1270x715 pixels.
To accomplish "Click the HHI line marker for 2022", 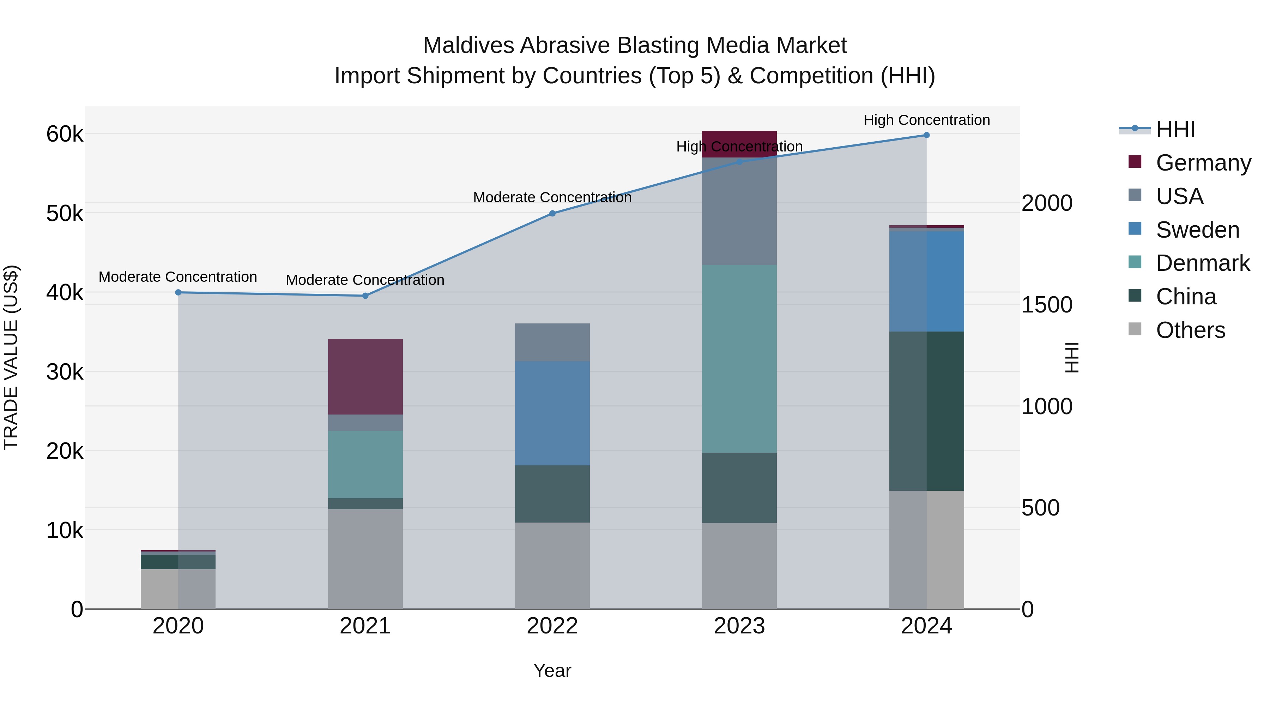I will (552, 213).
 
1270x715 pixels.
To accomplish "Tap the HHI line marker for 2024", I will (926, 135).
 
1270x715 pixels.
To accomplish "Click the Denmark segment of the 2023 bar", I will (739, 358).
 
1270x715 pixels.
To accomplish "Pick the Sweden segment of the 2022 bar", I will (552, 413).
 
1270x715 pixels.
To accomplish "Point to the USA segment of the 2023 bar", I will (739, 211).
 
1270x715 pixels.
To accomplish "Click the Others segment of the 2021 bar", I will (365, 559).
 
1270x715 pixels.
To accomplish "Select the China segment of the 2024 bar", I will (926, 411).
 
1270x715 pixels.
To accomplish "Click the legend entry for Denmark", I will (1202, 263).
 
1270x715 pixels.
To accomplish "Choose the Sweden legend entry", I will (1197, 230).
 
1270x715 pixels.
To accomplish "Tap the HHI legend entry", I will (1175, 129).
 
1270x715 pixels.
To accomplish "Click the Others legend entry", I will (1190, 330).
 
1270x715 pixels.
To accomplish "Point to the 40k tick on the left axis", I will (65, 293).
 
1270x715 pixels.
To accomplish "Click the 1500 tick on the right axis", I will (1046, 305).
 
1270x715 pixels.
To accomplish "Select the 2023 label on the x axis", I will (739, 626).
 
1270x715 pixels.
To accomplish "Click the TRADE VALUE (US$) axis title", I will (11, 357).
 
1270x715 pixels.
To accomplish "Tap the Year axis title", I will (552, 671).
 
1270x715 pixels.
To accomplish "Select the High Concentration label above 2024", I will (926, 120).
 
